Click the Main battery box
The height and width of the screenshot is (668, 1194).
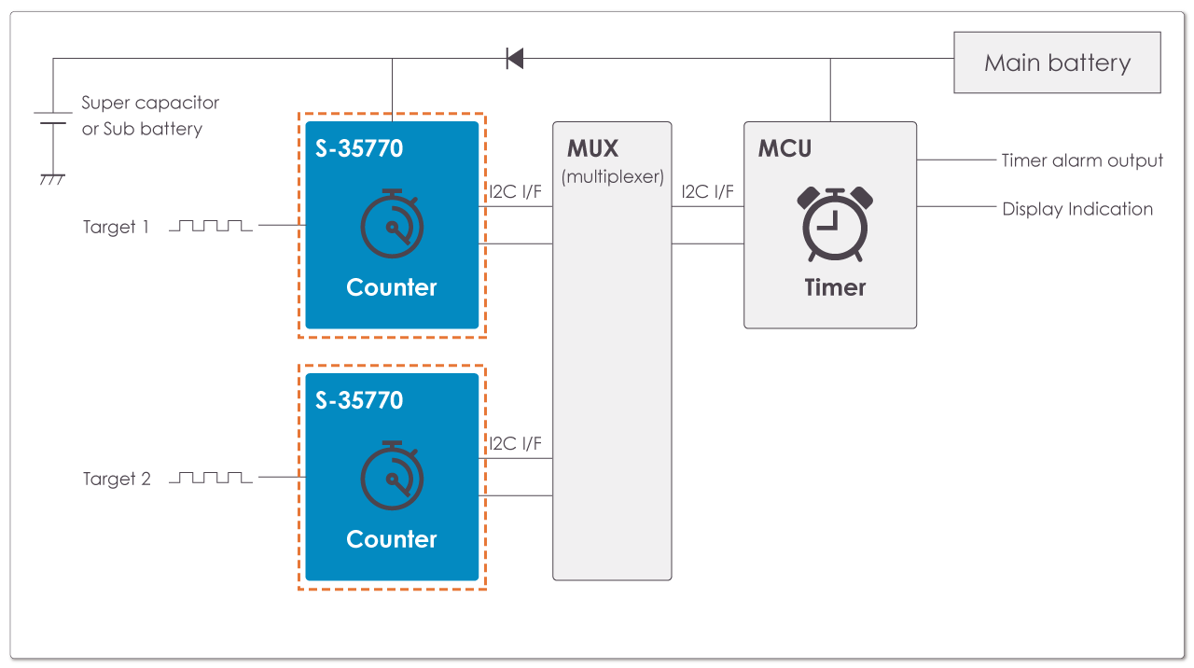[1057, 63]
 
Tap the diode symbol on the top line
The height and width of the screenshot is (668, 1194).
[514, 59]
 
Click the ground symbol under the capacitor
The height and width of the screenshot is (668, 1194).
[52, 178]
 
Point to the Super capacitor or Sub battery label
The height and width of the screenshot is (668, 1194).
[149, 116]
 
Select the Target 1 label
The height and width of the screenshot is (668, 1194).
[116, 227]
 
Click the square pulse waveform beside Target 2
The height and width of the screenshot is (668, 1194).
[210, 478]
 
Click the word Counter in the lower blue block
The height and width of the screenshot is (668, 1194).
[391, 539]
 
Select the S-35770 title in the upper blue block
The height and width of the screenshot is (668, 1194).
[359, 148]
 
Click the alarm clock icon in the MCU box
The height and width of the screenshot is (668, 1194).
[836, 224]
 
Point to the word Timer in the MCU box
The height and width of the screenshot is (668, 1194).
[835, 287]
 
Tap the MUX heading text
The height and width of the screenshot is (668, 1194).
[592, 149]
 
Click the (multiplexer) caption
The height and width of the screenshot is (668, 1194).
[612, 176]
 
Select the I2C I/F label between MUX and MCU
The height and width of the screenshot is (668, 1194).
[707, 192]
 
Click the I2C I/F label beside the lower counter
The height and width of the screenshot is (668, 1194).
[516, 443]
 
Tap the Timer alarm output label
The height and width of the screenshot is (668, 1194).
[1082, 160]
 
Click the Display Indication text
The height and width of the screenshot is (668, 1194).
[1077, 209]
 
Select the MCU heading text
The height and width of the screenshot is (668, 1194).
[784, 149]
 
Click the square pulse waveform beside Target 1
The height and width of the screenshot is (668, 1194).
[210, 226]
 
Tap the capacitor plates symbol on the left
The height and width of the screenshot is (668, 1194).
[52, 117]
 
